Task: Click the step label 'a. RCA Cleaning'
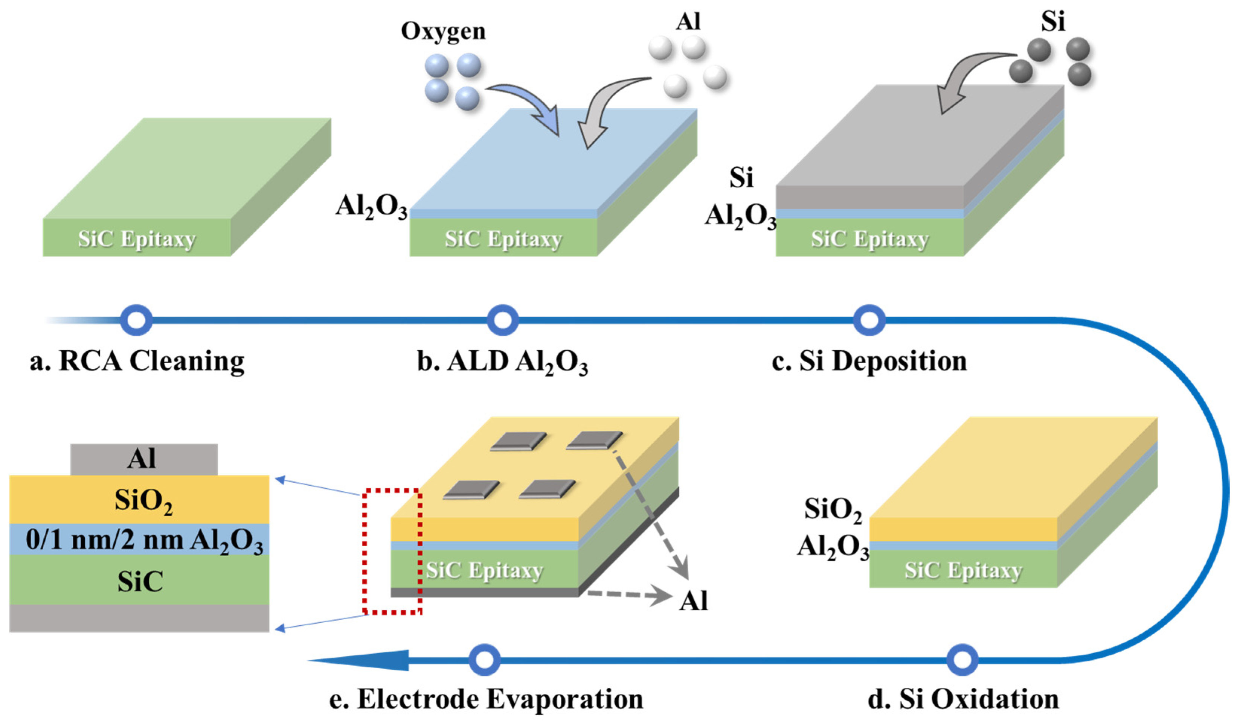(x=137, y=362)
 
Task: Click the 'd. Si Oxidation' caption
(x=963, y=699)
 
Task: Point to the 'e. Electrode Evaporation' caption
(x=486, y=699)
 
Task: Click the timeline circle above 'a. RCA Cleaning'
(x=136, y=320)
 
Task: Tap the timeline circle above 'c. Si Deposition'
(x=869, y=320)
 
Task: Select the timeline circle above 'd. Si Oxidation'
(x=962, y=660)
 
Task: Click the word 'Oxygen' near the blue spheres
(x=443, y=31)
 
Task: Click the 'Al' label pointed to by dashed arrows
(x=693, y=600)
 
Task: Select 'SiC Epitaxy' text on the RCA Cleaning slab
(x=137, y=239)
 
